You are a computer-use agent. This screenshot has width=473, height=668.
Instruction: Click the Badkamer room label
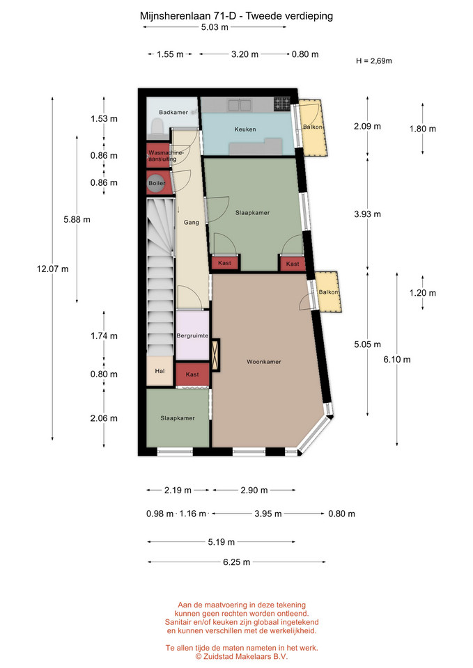click(x=173, y=113)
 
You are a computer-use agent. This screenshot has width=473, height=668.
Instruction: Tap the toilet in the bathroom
click(x=157, y=126)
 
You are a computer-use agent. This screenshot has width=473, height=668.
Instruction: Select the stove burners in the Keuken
click(x=281, y=104)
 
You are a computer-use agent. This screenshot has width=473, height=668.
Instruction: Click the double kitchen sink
click(x=239, y=105)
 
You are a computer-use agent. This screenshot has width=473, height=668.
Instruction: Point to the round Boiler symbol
click(x=157, y=183)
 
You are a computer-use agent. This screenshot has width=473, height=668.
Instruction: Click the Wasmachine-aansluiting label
click(x=166, y=156)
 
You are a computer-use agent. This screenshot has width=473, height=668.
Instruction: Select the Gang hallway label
click(x=192, y=223)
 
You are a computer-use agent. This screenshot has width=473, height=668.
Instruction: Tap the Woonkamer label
click(x=264, y=362)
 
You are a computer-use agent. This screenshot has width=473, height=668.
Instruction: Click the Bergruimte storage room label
click(x=192, y=335)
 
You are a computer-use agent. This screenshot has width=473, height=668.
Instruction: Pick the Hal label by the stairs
click(x=160, y=371)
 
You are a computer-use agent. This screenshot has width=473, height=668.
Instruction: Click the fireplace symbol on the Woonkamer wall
click(x=215, y=355)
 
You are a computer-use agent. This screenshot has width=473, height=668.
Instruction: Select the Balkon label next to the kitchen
click(x=312, y=127)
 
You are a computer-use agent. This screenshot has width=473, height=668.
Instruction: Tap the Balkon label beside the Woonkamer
click(x=328, y=292)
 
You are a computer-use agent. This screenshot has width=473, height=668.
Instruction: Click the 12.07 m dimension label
click(x=52, y=269)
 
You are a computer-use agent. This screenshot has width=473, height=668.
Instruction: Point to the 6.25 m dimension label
click(x=237, y=562)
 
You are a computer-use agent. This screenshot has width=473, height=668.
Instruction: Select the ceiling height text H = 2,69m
click(x=374, y=61)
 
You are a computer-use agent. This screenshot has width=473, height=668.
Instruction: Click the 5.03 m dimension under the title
click(x=215, y=27)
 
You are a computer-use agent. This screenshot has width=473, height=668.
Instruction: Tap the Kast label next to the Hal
click(x=192, y=374)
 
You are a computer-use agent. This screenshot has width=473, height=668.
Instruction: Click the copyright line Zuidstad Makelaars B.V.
click(x=242, y=656)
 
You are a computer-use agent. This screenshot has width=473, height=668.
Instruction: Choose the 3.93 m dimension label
click(x=367, y=214)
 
